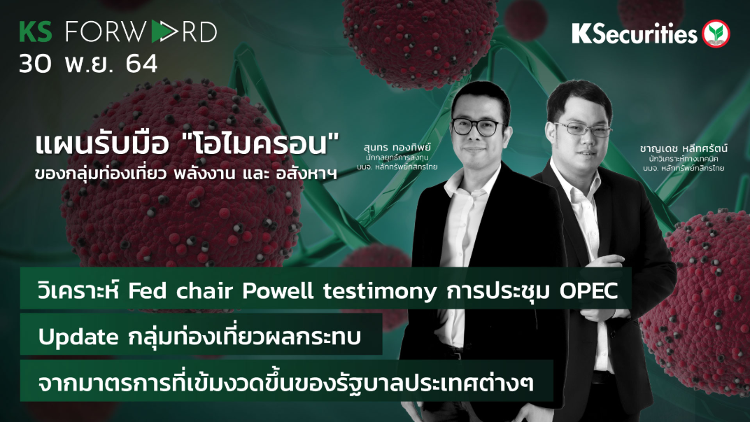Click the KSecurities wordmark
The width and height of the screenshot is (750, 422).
[x=634, y=33]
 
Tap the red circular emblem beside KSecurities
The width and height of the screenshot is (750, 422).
[x=716, y=34]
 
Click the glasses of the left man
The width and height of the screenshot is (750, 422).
[x=478, y=127]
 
